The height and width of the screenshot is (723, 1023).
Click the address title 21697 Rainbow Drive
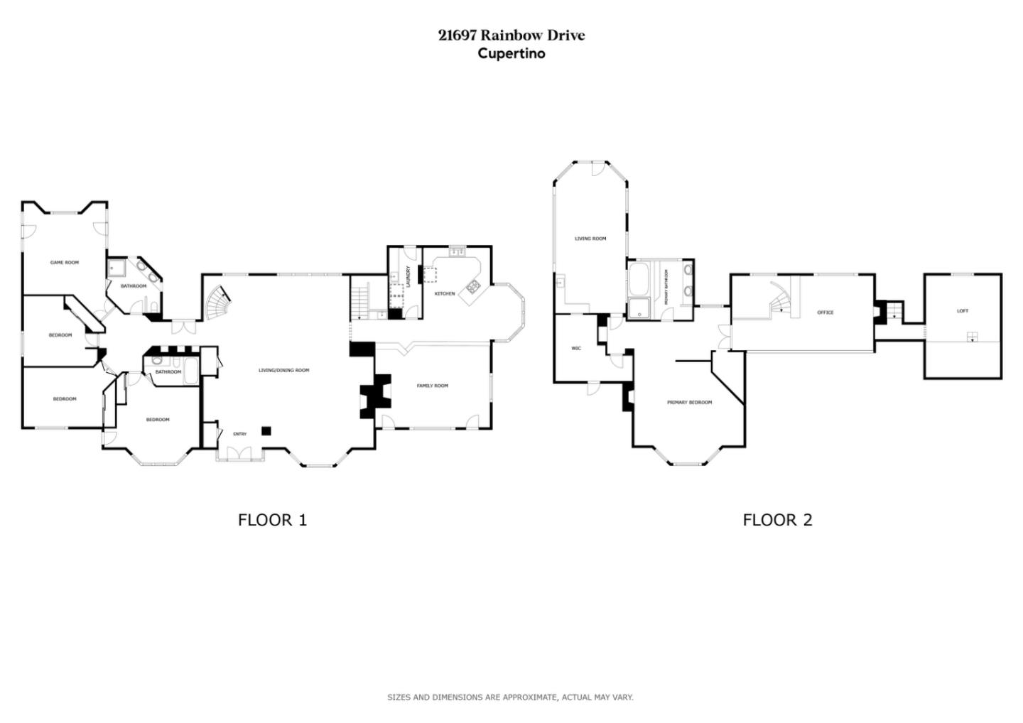(x=511, y=36)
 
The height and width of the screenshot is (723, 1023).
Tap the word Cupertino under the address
(x=511, y=54)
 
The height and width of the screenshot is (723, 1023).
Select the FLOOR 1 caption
(x=272, y=520)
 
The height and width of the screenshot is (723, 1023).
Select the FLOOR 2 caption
(x=777, y=520)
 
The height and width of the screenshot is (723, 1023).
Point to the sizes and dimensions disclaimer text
(x=510, y=697)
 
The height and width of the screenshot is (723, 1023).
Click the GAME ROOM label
(x=65, y=263)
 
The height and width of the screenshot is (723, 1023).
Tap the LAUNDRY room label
(x=408, y=276)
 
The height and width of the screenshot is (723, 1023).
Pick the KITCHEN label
(x=445, y=293)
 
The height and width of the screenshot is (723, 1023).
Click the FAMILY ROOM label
(x=433, y=386)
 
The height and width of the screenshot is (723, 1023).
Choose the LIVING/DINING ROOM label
(x=283, y=370)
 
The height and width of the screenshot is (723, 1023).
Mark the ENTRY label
(x=240, y=434)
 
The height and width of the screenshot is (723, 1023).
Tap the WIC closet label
(x=576, y=348)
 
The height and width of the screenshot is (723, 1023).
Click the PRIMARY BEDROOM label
(x=689, y=403)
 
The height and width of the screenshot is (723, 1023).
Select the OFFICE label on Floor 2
(x=825, y=312)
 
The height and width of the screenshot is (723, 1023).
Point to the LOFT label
(x=963, y=311)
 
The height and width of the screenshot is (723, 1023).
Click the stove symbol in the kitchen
(x=472, y=287)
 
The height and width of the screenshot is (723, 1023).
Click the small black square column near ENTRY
(x=266, y=430)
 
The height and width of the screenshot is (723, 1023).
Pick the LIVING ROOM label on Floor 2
(x=590, y=239)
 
